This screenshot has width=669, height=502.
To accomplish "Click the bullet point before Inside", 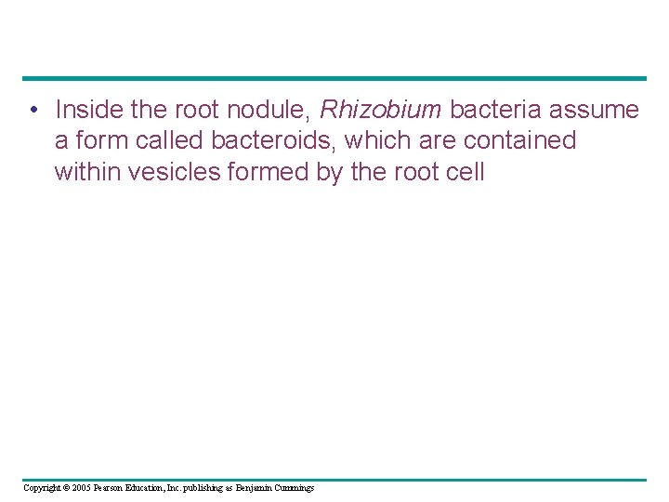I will [x=33, y=111].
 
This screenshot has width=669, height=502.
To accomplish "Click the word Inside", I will [x=89, y=110].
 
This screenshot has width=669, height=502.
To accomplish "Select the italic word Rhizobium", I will [x=380, y=110].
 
